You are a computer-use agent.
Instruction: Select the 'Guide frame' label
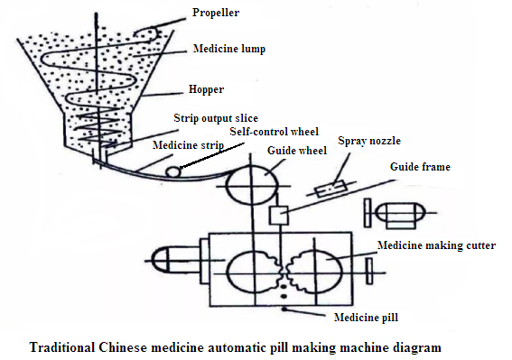420,167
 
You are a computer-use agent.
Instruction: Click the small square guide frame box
280,216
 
